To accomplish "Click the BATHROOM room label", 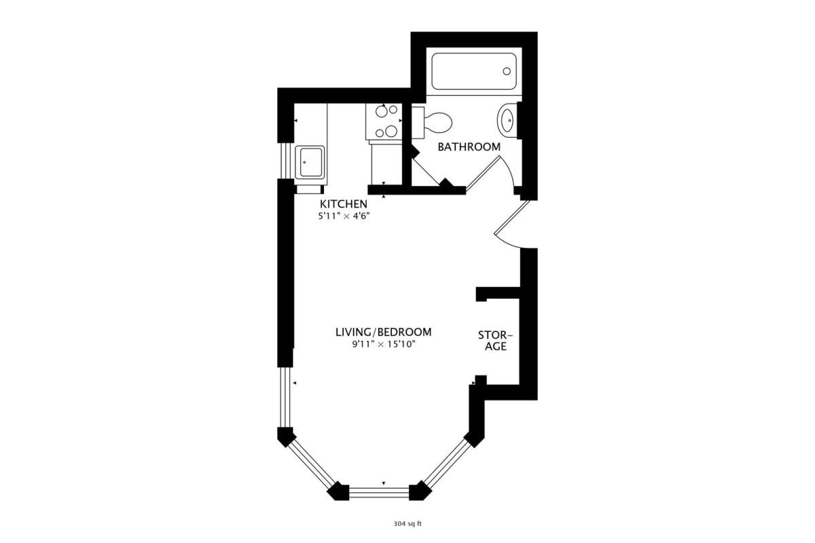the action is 469,147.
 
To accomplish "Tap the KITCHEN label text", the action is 344,204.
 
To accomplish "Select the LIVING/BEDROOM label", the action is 384,332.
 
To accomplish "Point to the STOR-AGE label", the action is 495,341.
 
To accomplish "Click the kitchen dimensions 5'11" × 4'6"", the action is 344,217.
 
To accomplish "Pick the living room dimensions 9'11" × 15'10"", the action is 384,344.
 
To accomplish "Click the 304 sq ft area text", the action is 407,524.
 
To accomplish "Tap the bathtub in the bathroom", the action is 474,71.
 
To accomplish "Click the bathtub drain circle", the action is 507,71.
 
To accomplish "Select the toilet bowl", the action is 438,123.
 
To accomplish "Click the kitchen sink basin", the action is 310,162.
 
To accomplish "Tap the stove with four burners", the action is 384,121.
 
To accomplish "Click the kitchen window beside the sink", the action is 286,161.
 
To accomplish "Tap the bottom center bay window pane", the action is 379,493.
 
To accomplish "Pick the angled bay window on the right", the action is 448,463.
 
